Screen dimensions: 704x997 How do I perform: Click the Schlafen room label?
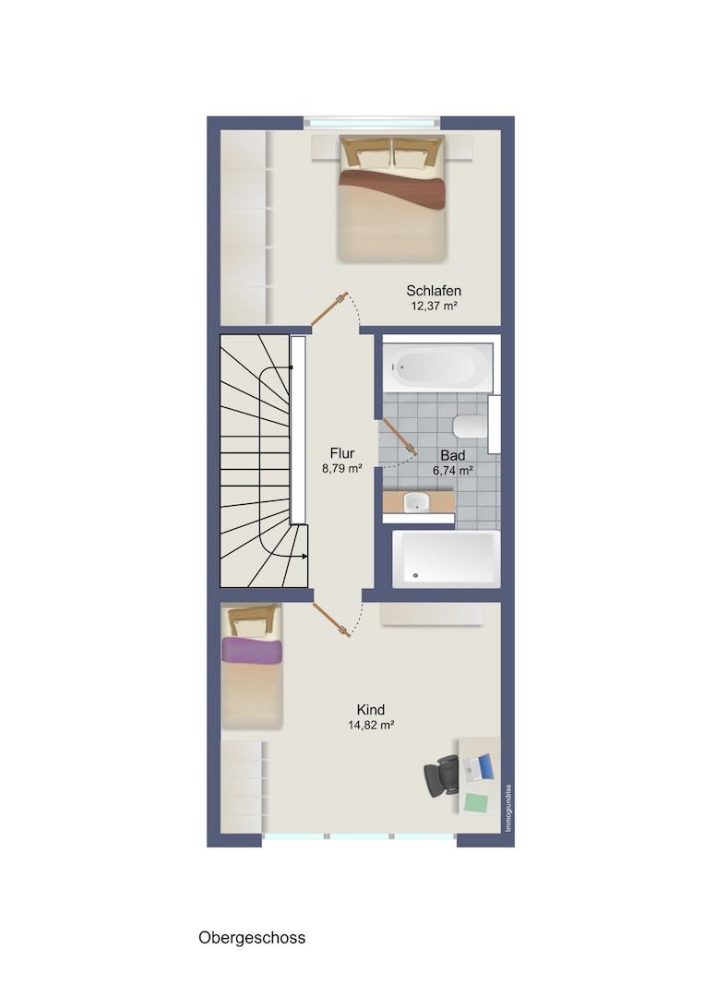tap(434, 291)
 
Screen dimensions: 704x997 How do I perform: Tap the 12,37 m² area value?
tap(435, 306)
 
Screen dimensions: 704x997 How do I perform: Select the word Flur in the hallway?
tap(341, 453)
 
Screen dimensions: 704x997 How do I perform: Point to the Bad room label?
tap(452, 455)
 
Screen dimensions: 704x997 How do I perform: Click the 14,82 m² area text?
tap(371, 725)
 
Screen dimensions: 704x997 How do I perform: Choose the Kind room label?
tap(370, 710)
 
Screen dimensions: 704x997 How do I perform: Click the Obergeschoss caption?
tap(252, 938)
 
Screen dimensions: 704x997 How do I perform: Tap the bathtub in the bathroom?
tap(437, 368)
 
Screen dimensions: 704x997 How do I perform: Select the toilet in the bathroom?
tap(471, 426)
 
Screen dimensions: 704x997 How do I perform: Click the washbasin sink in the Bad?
tap(417, 502)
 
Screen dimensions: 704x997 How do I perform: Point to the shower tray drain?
tap(416, 575)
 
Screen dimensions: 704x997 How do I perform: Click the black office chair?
tap(442, 775)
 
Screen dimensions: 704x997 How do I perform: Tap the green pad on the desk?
tap(477, 802)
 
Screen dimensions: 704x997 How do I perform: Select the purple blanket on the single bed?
tap(251, 652)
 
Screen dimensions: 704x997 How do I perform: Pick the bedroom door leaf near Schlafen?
tap(329, 309)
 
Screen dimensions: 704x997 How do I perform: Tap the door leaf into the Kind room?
tap(331, 619)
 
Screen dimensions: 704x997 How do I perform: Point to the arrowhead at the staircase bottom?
tap(305, 557)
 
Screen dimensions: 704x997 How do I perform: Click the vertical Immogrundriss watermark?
tap(507, 808)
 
